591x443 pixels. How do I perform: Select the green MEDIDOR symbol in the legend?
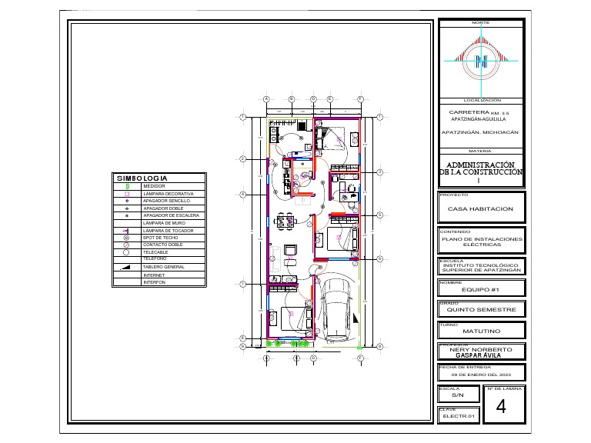coord(128,186)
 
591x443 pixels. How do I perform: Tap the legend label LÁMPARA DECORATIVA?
coord(167,193)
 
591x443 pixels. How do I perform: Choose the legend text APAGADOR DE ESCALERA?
coord(171,215)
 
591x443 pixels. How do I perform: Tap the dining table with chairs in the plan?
coord(285,221)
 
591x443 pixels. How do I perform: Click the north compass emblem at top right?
coord(482,59)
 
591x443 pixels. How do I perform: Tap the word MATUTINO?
coord(482,331)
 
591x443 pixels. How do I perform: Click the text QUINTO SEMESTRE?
coord(481,310)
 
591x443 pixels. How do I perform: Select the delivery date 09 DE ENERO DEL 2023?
coord(481,374)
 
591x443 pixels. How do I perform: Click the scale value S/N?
coord(458,395)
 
